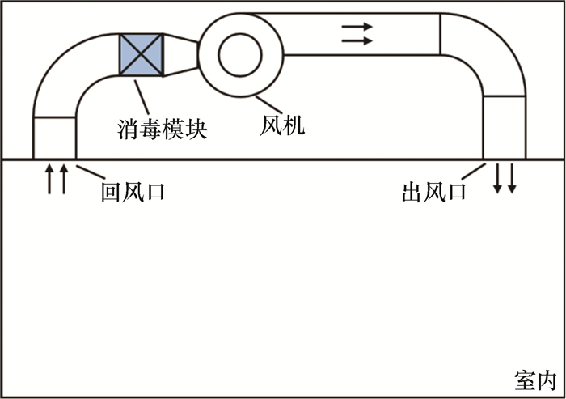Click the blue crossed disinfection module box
pos(141,54)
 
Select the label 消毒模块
pos(162,129)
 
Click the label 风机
pos(282,125)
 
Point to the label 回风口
pos(133,192)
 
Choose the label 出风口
pos(434,192)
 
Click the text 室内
pos(535,380)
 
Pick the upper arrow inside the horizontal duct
pos(357,27)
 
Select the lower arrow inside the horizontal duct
pos(357,40)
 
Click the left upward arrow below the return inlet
pos(49,179)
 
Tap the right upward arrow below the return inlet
pos(64,179)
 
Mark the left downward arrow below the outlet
pos(498,178)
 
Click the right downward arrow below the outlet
pos(512,178)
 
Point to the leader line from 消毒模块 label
pos(141,97)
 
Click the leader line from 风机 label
pos(269,104)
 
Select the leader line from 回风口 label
pos(91,172)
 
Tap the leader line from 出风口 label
pos(474,172)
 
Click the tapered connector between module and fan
pos(180,55)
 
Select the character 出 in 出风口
pos(412,193)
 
